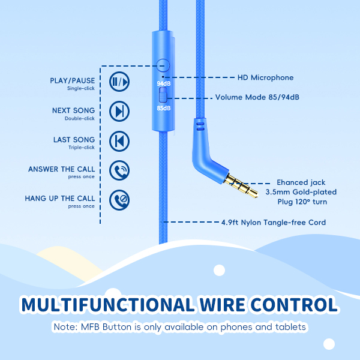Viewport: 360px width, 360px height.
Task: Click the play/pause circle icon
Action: pyautogui.click(x=119, y=82)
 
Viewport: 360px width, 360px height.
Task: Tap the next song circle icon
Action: pyautogui.click(x=119, y=111)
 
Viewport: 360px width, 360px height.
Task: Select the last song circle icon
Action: pyautogui.click(x=119, y=141)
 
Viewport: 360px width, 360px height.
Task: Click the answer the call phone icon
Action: pyautogui.click(x=119, y=170)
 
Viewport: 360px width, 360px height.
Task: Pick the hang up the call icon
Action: pyautogui.click(x=119, y=200)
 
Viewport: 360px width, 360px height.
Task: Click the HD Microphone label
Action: pyautogui.click(x=265, y=77)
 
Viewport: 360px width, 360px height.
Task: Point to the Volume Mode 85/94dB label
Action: pyautogui.click(x=257, y=97)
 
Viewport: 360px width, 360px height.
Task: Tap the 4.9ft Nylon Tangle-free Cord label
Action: pyautogui.click(x=273, y=223)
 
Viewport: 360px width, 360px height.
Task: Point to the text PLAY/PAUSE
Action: pyautogui.click(x=73, y=81)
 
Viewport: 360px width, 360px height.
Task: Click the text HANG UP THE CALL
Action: pyautogui.click(x=60, y=199)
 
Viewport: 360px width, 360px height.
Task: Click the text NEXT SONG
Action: pyautogui.click(x=74, y=110)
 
